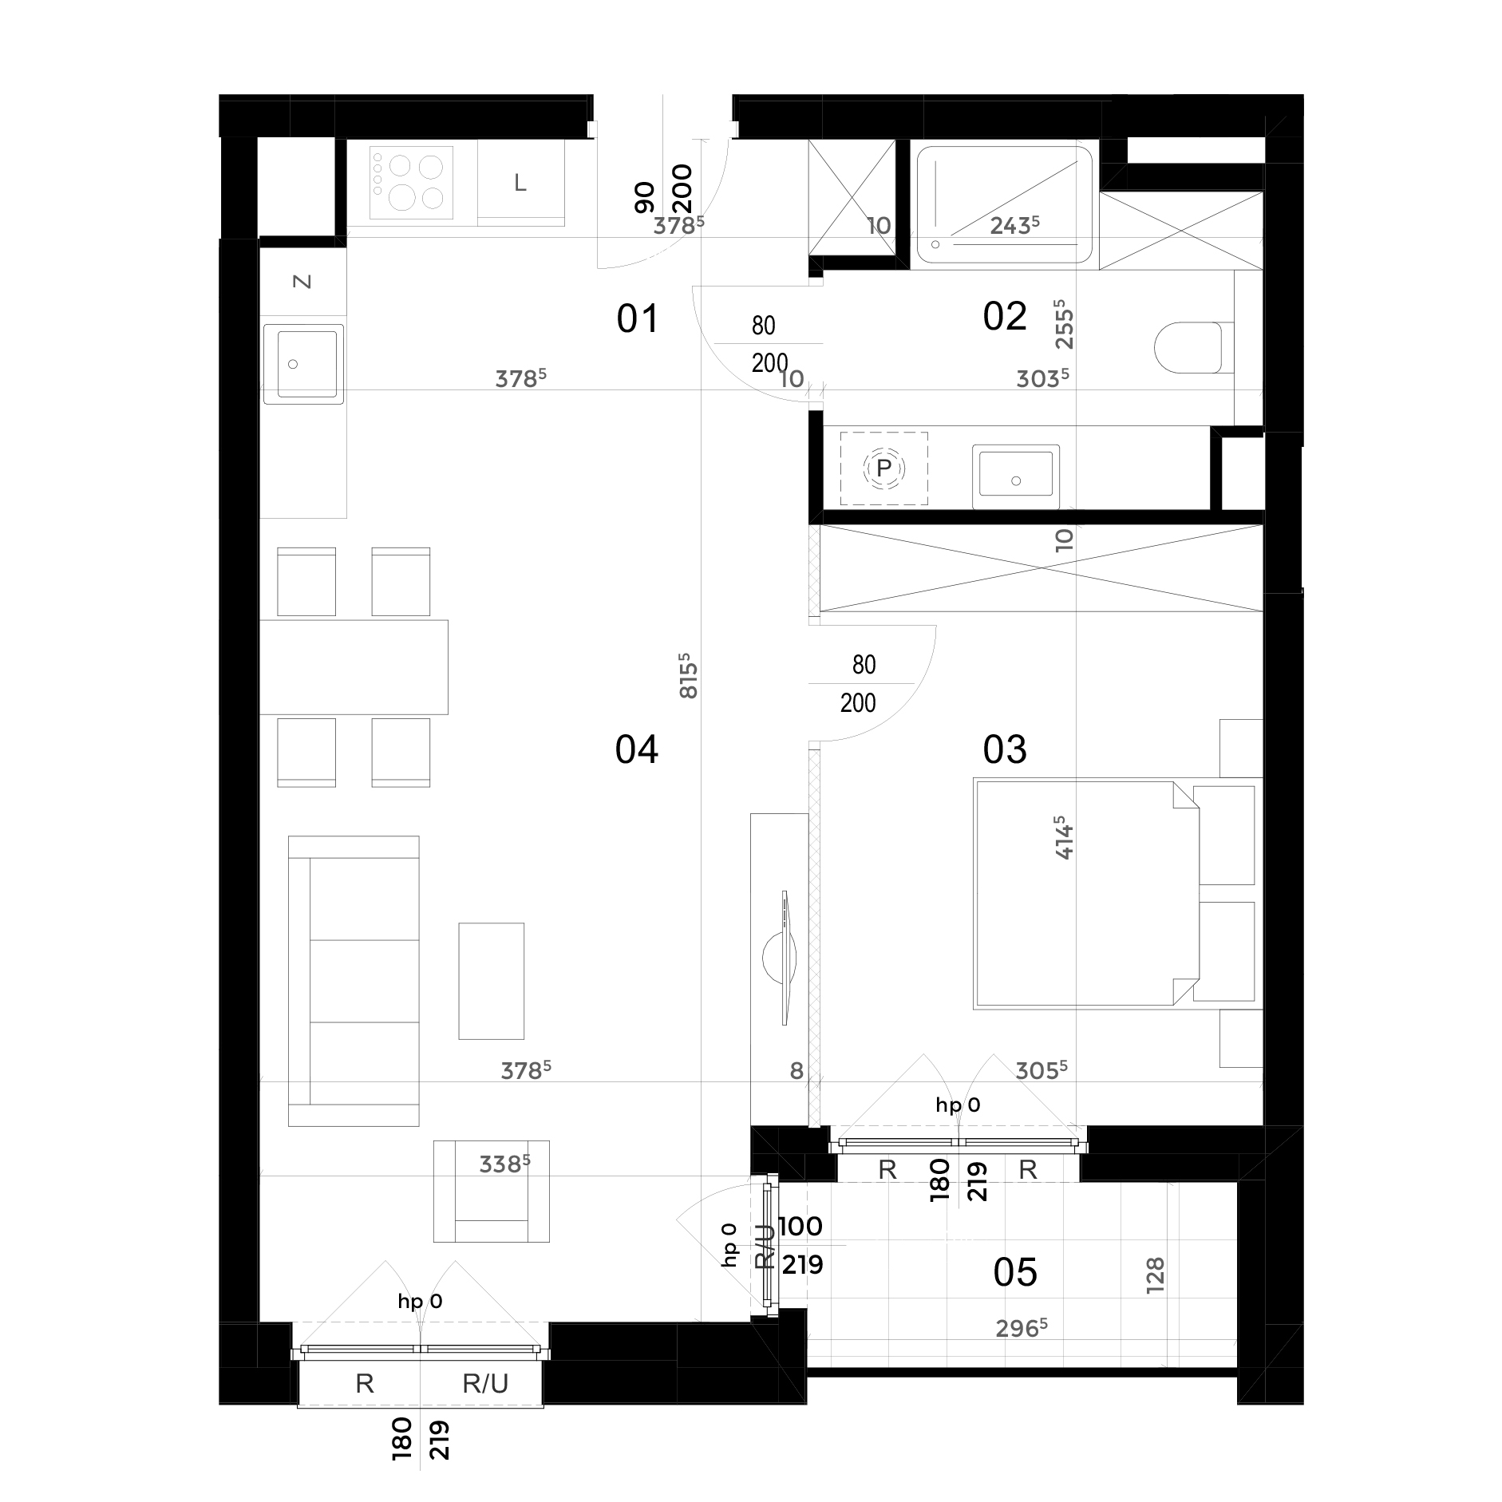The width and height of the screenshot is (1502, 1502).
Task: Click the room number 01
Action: coord(638,319)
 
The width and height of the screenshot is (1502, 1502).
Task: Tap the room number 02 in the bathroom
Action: coord(1004,317)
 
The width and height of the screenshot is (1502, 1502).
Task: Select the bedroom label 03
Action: coord(1004,749)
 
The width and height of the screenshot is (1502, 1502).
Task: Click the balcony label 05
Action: coord(1014,1272)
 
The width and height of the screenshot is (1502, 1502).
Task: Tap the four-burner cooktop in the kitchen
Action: coord(411,183)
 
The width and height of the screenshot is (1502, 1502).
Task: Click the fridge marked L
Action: coord(520,184)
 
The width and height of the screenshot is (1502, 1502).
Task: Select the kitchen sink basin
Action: coord(306,364)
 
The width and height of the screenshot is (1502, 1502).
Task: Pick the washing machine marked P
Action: coord(883,468)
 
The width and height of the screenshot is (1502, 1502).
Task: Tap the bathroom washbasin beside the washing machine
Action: coord(1015,476)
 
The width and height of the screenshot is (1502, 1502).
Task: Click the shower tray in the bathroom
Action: coord(1004,204)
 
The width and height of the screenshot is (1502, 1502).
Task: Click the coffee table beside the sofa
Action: coord(491,981)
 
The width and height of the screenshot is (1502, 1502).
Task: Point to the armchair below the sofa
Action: coord(491,1191)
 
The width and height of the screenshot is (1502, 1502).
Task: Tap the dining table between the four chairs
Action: coord(354,666)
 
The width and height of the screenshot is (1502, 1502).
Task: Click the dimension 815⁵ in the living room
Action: coord(689,677)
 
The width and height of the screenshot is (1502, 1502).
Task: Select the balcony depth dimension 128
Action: coord(1155,1275)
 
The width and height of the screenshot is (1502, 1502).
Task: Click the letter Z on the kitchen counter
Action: coord(302,281)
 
